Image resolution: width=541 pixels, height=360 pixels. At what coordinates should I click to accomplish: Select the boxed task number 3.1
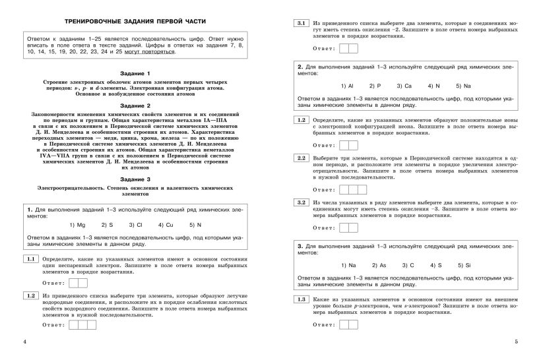coord(301,23)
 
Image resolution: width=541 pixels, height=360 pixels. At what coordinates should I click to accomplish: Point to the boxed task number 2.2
coord(301,158)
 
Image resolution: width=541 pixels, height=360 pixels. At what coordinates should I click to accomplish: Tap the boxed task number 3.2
coord(301,202)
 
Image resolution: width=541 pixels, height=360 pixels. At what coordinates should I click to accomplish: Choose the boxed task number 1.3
coord(301,299)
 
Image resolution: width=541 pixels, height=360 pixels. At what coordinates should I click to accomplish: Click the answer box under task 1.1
coord(77,283)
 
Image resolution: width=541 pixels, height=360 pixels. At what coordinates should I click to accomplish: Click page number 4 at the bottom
coord(24,342)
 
